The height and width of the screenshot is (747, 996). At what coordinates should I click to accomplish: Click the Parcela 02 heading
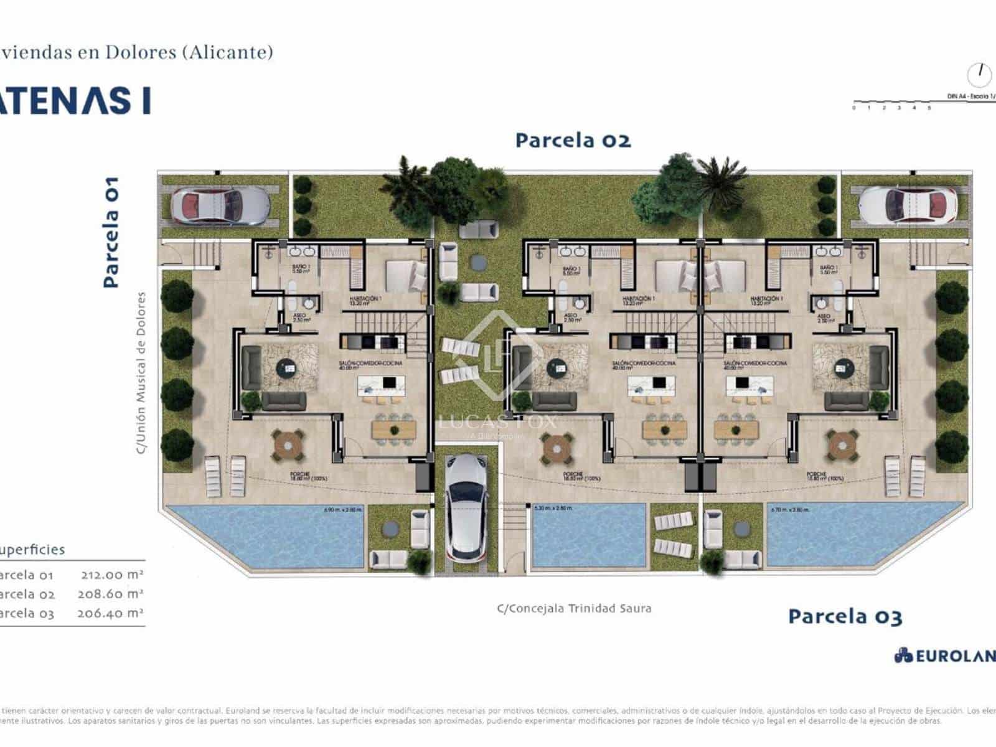[573, 140]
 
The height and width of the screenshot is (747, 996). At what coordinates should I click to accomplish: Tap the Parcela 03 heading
[845, 616]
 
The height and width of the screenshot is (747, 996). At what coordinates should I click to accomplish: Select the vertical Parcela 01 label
[111, 232]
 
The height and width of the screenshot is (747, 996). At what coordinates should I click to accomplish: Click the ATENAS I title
[75, 101]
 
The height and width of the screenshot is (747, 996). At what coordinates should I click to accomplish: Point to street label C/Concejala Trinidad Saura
[574, 608]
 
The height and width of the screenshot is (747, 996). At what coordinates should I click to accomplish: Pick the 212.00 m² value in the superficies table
[112, 575]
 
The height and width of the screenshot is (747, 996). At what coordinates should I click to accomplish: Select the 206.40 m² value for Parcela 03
[110, 613]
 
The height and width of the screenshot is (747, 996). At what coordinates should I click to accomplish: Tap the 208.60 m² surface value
[110, 594]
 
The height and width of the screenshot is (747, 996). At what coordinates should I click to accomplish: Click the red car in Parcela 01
[220, 205]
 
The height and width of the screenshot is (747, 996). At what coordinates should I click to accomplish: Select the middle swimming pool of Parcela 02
[588, 535]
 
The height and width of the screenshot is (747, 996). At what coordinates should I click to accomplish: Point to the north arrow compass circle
[979, 75]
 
